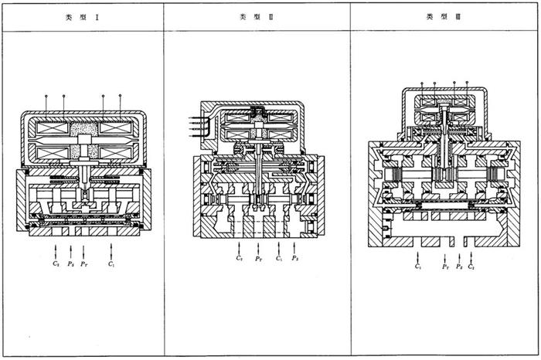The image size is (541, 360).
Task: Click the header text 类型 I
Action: pos(82,16)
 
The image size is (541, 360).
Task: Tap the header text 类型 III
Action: pos(442,16)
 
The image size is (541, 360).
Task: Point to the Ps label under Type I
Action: pos(70,264)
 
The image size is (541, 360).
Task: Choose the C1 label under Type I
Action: pos(113,264)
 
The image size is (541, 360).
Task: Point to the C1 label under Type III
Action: pos(418,267)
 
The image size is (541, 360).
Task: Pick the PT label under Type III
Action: pos(446,267)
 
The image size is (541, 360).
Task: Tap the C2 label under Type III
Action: pos(471,267)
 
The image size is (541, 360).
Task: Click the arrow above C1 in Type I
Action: pos(113,250)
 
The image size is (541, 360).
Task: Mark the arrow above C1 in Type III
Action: pos(418,253)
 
